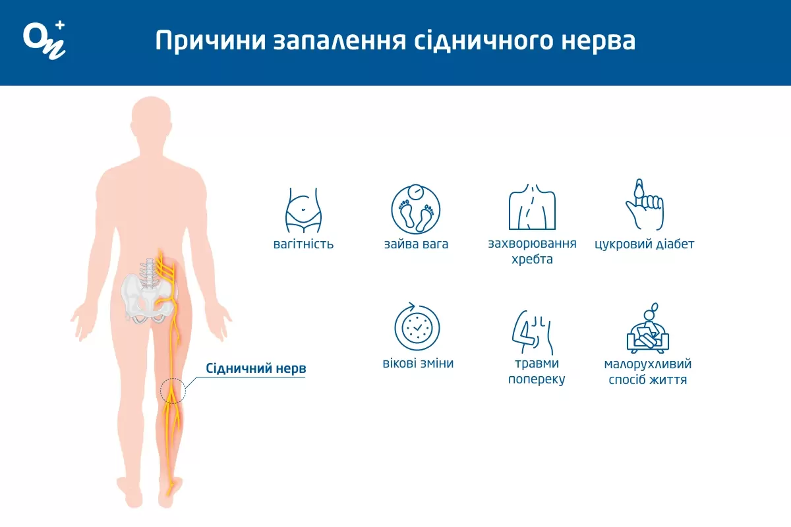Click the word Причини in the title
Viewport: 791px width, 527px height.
click(x=210, y=41)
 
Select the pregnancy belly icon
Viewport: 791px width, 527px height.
click(x=303, y=210)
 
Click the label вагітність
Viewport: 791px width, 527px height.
click(x=303, y=244)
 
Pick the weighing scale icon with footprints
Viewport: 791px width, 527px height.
click(x=416, y=209)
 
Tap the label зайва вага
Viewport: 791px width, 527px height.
click(x=416, y=244)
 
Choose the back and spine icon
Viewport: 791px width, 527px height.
click(x=532, y=207)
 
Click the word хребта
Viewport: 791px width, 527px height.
click(x=532, y=260)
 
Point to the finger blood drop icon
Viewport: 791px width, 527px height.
click(x=645, y=205)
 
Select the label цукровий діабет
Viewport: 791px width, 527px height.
click(x=645, y=244)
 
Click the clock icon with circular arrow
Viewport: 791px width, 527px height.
click(x=417, y=327)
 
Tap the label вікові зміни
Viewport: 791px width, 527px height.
click(x=418, y=363)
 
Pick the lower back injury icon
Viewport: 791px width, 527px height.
click(x=532, y=333)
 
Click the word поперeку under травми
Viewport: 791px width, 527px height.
click(x=537, y=379)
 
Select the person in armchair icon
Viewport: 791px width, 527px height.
click(x=648, y=328)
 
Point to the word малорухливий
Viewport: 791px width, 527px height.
click(x=647, y=364)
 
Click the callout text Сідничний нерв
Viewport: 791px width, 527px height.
click(x=256, y=368)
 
